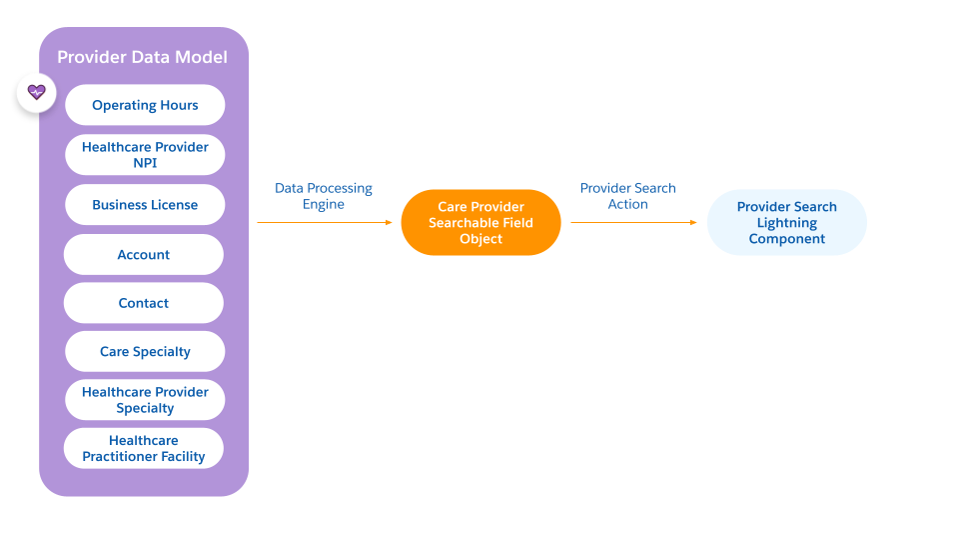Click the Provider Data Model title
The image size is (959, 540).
pyautogui.click(x=142, y=57)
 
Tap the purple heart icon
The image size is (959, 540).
pyautogui.click(x=37, y=92)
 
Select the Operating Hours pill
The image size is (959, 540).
pyautogui.click(x=145, y=105)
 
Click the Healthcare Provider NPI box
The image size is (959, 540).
pyautogui.click(x=145, y=155)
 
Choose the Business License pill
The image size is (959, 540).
pyautogui.click(x=145, y=205)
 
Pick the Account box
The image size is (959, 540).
pyautogui.click(x=144, y=255)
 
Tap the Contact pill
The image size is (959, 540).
pyautogui.click(x=144, y=303)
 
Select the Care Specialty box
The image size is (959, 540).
pyautogui.click(x=145, y=352)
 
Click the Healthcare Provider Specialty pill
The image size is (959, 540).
pyautogui.click(x=145, y=400)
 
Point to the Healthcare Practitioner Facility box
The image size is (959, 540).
pyautogui.click(x=144, y=448)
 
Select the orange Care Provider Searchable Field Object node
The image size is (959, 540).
pyautogui.click(x=480, y=222)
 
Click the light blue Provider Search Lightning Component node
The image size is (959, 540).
pyautogui.click(x=786, y=222)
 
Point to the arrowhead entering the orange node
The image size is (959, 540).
pyautogui.click(x=390, y=222)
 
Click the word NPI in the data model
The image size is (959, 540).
pyautogui.click(x=145, y=163)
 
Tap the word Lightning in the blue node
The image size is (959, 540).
pyautogui.click(x=786, y=223)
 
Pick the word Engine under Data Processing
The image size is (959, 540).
pyautogui.click(x=324, y=204)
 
